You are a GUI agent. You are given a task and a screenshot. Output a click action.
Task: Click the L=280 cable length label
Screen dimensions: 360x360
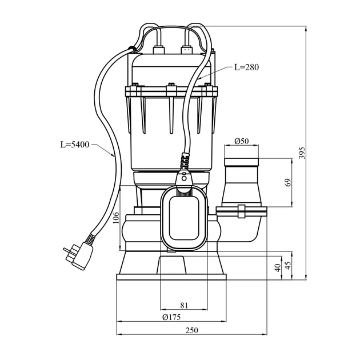(246, 67)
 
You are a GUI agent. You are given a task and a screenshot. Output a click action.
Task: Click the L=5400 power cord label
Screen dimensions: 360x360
(75, 144)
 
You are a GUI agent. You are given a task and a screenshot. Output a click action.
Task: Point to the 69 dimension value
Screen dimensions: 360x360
(288, 183)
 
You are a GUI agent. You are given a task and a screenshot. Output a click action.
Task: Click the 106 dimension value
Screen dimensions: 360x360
(116, 219)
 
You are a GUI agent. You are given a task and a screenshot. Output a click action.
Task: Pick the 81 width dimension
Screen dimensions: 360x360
(183, 304)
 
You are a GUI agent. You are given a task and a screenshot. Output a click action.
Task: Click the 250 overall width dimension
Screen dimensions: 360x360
(191, 331)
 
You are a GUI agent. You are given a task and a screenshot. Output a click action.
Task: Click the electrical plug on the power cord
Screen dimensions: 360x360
(77, 255)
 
